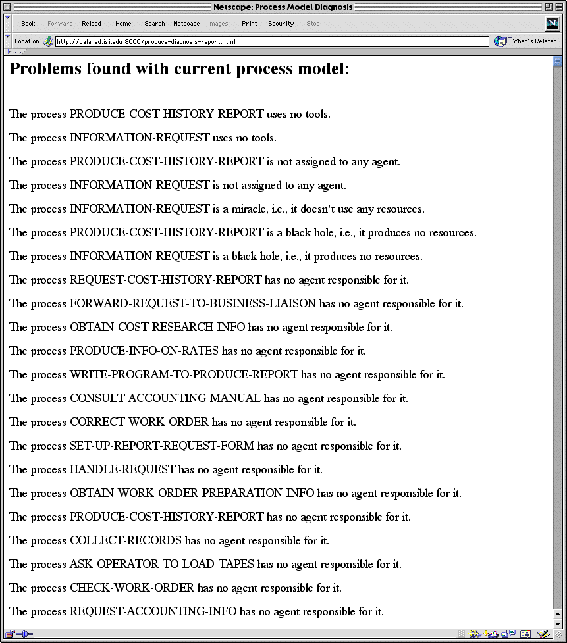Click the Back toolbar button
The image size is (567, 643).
pyautogui.click(x=28, y=24)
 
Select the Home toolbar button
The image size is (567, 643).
pyautogui.click(x=123, y=24)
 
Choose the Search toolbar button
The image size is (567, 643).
pyautogui.click(x=155, y=24)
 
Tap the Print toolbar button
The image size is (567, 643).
pyautogui.click(x=250, y=24)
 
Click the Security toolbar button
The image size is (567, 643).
pyautogui.click(x=281, y=24)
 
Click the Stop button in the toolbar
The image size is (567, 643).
pyautogui.click(x=313, y=24)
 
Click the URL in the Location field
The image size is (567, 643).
pyautogui.click(x=146, y=41)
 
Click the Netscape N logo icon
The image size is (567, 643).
pyautogui.click(x=552, y=24)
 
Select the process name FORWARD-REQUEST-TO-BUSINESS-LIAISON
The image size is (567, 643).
pyautogui.click(x=192, y=304)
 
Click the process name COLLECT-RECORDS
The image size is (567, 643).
pyautogui.click(x=125, y=541)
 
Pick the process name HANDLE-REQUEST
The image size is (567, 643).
pyautogui.click(x=122, y=470)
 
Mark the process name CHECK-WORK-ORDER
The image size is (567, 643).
pyautogui.click(x=132, y=588)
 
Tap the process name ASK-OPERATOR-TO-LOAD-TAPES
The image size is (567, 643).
pyautogui.click(x=161, y=565)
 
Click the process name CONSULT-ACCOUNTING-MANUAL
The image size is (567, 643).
pyautogui.click(x=165, y=399)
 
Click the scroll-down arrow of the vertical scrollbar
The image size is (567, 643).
pyautogui.click(x=558, y=623)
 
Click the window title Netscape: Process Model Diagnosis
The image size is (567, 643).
pyautogui.click(x=283, y=7)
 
